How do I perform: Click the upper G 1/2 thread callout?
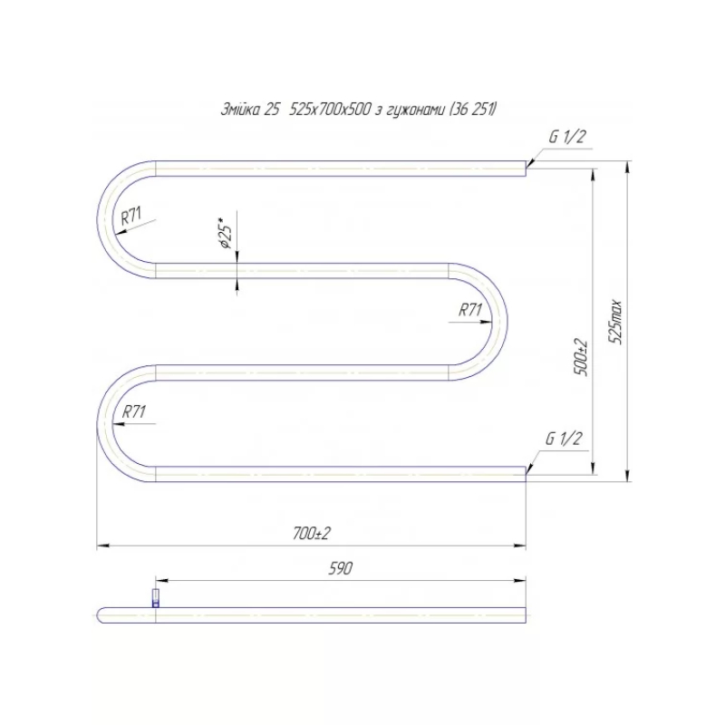tap(567, 137)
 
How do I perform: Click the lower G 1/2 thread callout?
tap(564, 439)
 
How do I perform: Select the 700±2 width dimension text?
tap(312, 534)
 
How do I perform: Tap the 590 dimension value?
tap(341, 568)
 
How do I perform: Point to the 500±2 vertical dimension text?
tap(582, 358)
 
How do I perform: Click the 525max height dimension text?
tap(615, 322)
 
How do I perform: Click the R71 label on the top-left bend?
tap(131, 216)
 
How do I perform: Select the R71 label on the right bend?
tap(470, 310)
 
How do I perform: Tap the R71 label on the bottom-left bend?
tap(133, 411)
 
